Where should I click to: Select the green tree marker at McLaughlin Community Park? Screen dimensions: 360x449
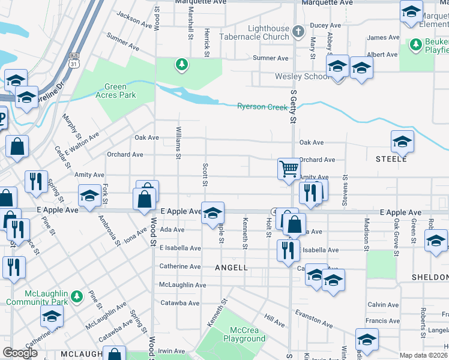coord(76,296)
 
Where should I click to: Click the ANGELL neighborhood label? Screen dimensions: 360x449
coord(231,268)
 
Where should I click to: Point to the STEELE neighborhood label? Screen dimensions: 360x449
coord(391,159)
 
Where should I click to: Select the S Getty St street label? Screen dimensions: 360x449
coord(294,108)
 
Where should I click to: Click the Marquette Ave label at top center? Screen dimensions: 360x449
coord(200,2)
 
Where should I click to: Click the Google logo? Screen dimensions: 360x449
coord(20,353)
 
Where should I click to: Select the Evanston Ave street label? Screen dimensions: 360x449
coord(313,319)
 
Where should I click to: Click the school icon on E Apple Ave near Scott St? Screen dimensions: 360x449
coord(212,213)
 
